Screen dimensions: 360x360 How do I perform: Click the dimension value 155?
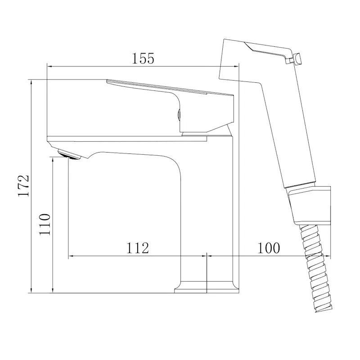point(143,58)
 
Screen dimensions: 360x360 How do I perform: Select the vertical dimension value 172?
point(24,186)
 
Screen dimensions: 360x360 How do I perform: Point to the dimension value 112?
point(138,247)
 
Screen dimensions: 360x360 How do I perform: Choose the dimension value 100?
point(269,247)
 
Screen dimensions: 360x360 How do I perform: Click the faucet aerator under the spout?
point(69,154)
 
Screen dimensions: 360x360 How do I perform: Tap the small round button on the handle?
point(179,114)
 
